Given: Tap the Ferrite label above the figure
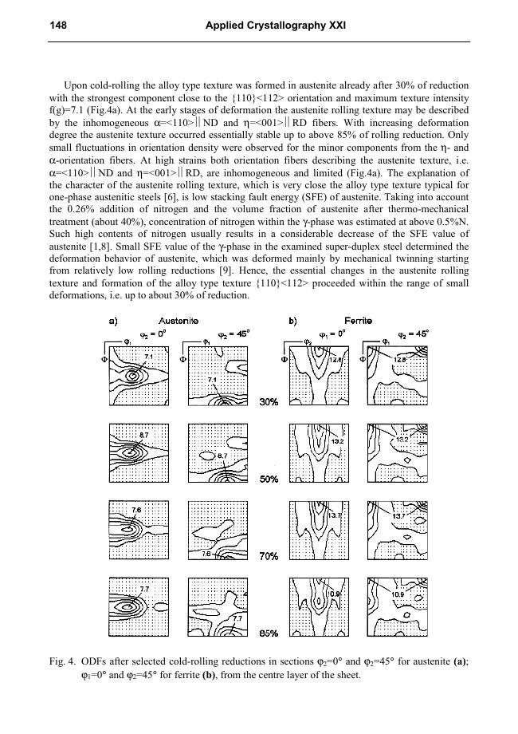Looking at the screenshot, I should pyautogui.click(x=359, y=321).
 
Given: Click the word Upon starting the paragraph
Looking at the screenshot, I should pyautogui.click(x=76, y=85).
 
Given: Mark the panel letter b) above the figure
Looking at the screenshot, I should pyautogui.click(x=293, y=321).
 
